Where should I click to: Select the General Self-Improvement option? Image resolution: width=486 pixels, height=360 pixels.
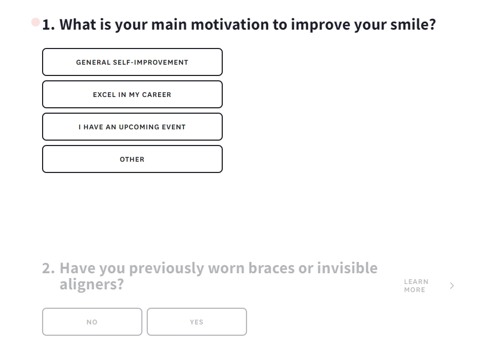(132, 62)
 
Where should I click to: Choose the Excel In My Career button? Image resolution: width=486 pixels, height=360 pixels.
(132, 94)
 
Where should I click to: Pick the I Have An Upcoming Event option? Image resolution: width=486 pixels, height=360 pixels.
(132, 127)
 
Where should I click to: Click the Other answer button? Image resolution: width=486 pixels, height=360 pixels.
(132, 159)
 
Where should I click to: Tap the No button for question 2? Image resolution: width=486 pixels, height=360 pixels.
(92, 322)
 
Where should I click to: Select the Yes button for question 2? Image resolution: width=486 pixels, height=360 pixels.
(197, 322)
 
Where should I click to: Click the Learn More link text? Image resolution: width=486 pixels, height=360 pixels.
(416, 286)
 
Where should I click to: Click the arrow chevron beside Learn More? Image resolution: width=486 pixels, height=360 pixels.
(452, 286)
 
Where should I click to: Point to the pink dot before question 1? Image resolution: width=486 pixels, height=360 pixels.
(36, 22)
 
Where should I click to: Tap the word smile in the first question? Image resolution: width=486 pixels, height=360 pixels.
(413, 24)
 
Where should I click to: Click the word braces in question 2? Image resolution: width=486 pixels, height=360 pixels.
(271, 268)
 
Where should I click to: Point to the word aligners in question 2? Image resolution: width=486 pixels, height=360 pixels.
(92, 285)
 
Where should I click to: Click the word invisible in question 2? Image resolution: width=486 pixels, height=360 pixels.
(347, 268)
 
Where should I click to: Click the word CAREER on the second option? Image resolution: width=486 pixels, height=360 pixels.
(156, 95)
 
